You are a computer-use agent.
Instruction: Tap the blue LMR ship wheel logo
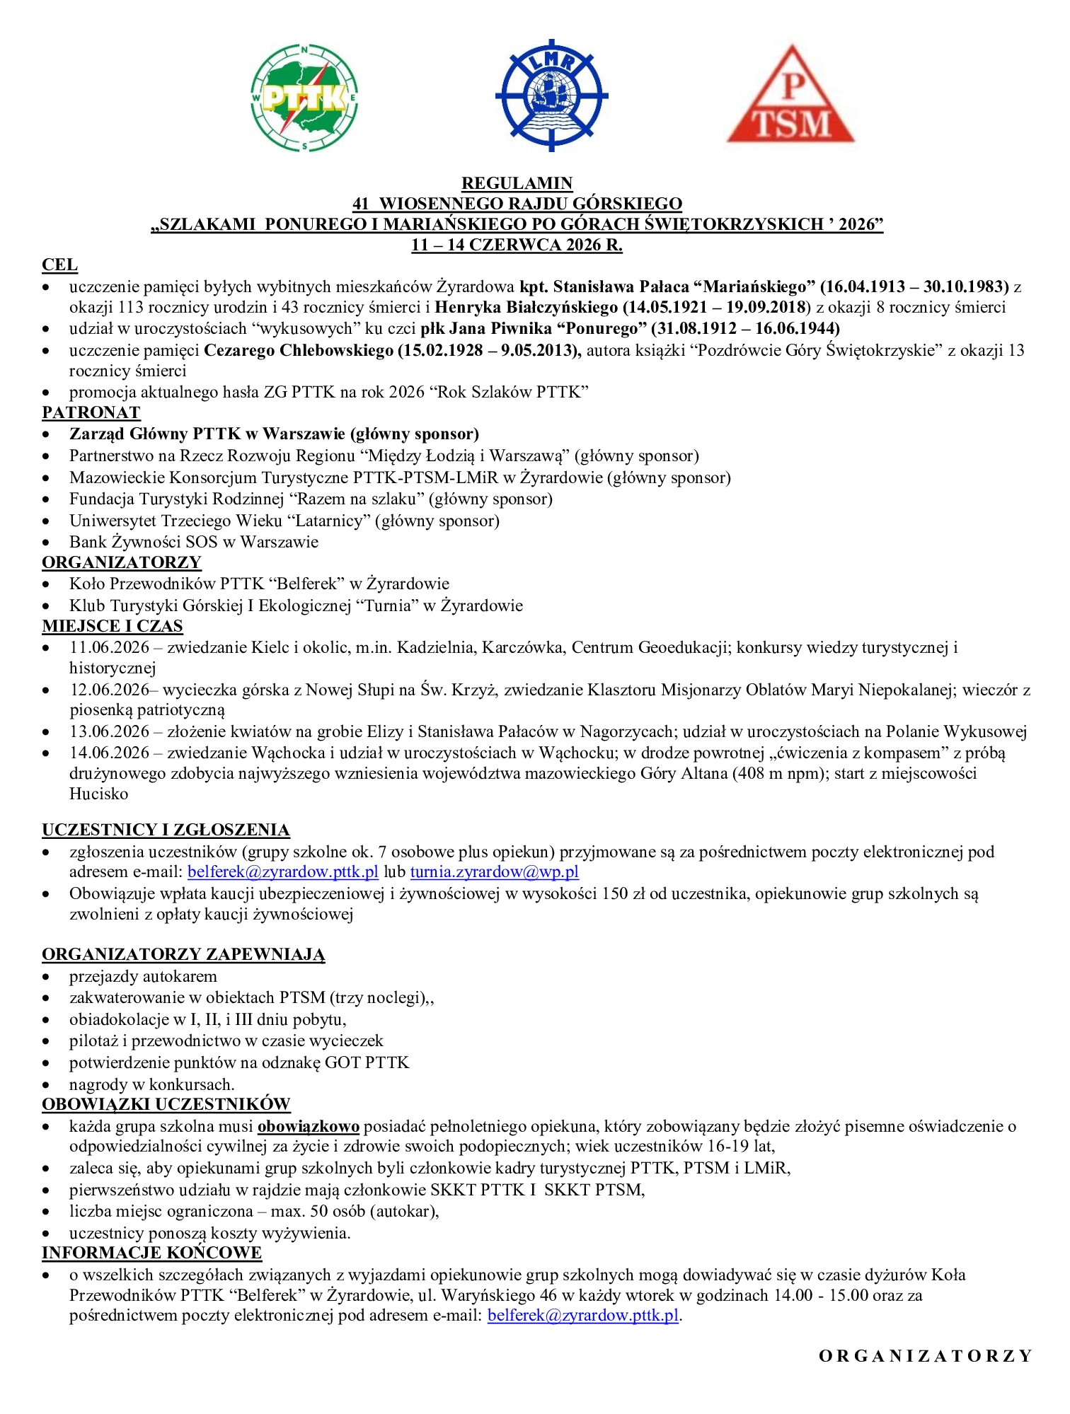[x=551, y=95]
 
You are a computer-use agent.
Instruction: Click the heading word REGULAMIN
[x=517, y=183]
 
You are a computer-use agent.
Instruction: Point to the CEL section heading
[x=59, y=265]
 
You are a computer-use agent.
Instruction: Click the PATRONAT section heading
[x=91, y=412]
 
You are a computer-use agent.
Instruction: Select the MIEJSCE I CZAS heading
[x=113, y=626]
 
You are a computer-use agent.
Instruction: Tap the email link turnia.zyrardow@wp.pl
[x=495, y=871]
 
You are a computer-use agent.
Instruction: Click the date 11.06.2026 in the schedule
[x=110, y=647]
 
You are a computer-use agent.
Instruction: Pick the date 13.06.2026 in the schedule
[x=110, y=731]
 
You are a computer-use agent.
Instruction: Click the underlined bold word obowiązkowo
[x=309, y=1126]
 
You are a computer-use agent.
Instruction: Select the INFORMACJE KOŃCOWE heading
[x=151, y=1253]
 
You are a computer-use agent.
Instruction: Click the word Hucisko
[x=99, y=794]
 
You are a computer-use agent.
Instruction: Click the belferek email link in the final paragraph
[x=583, y=1316]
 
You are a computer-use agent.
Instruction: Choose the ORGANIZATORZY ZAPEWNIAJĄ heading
[x=183, y=954]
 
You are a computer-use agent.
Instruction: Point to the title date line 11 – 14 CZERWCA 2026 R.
[x=517, y=245]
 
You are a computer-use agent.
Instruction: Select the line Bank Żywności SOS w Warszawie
[x=194, y=542]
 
